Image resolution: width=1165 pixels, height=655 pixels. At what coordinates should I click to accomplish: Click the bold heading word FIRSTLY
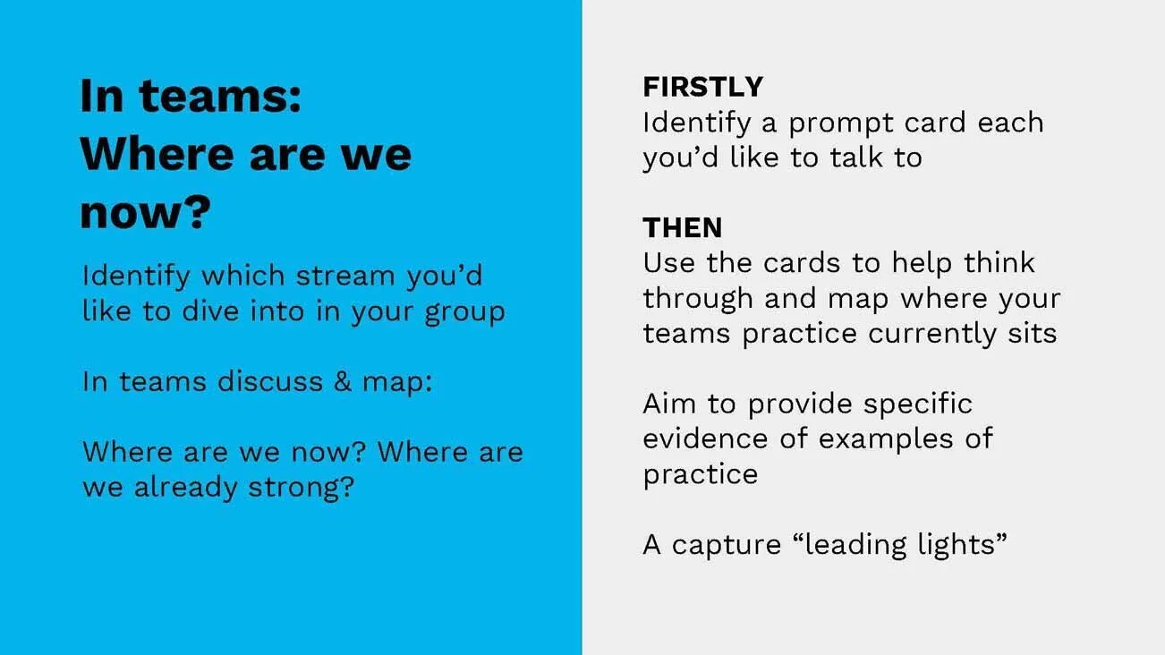[x=702, y=87]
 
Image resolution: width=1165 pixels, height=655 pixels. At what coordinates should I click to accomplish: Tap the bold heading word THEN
[x=682, y=228]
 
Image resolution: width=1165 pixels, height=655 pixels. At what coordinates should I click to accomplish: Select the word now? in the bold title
[x=145, y=213]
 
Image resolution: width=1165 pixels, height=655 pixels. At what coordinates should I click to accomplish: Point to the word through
[x=695, y=299]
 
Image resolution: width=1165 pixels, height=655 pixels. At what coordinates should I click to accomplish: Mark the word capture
[x=726, y=545]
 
